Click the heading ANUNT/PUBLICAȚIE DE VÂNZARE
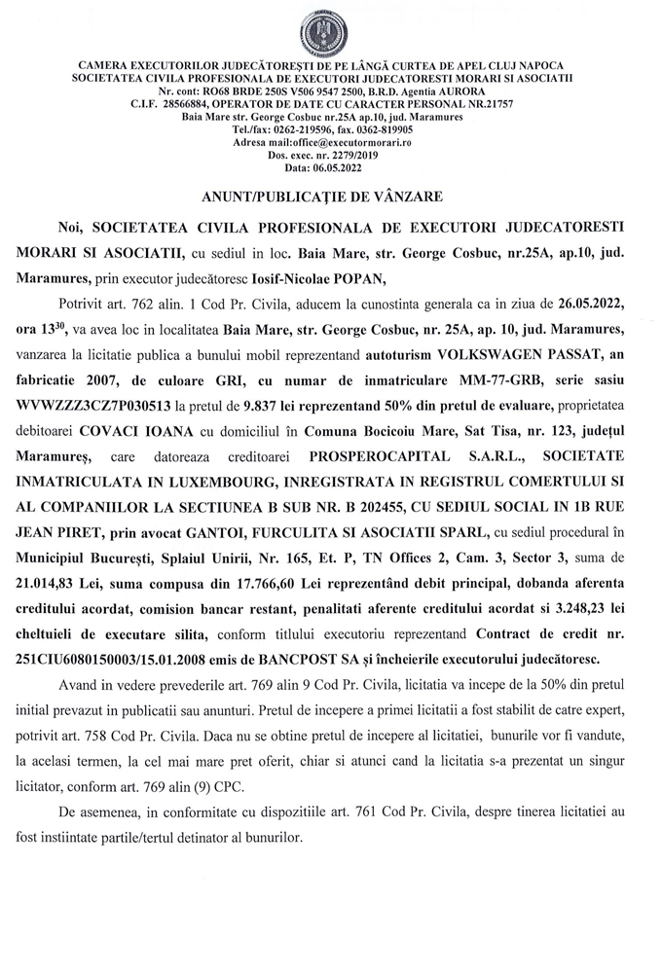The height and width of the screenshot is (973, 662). [330, 196]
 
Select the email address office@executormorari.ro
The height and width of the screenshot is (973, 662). [359, 141]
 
